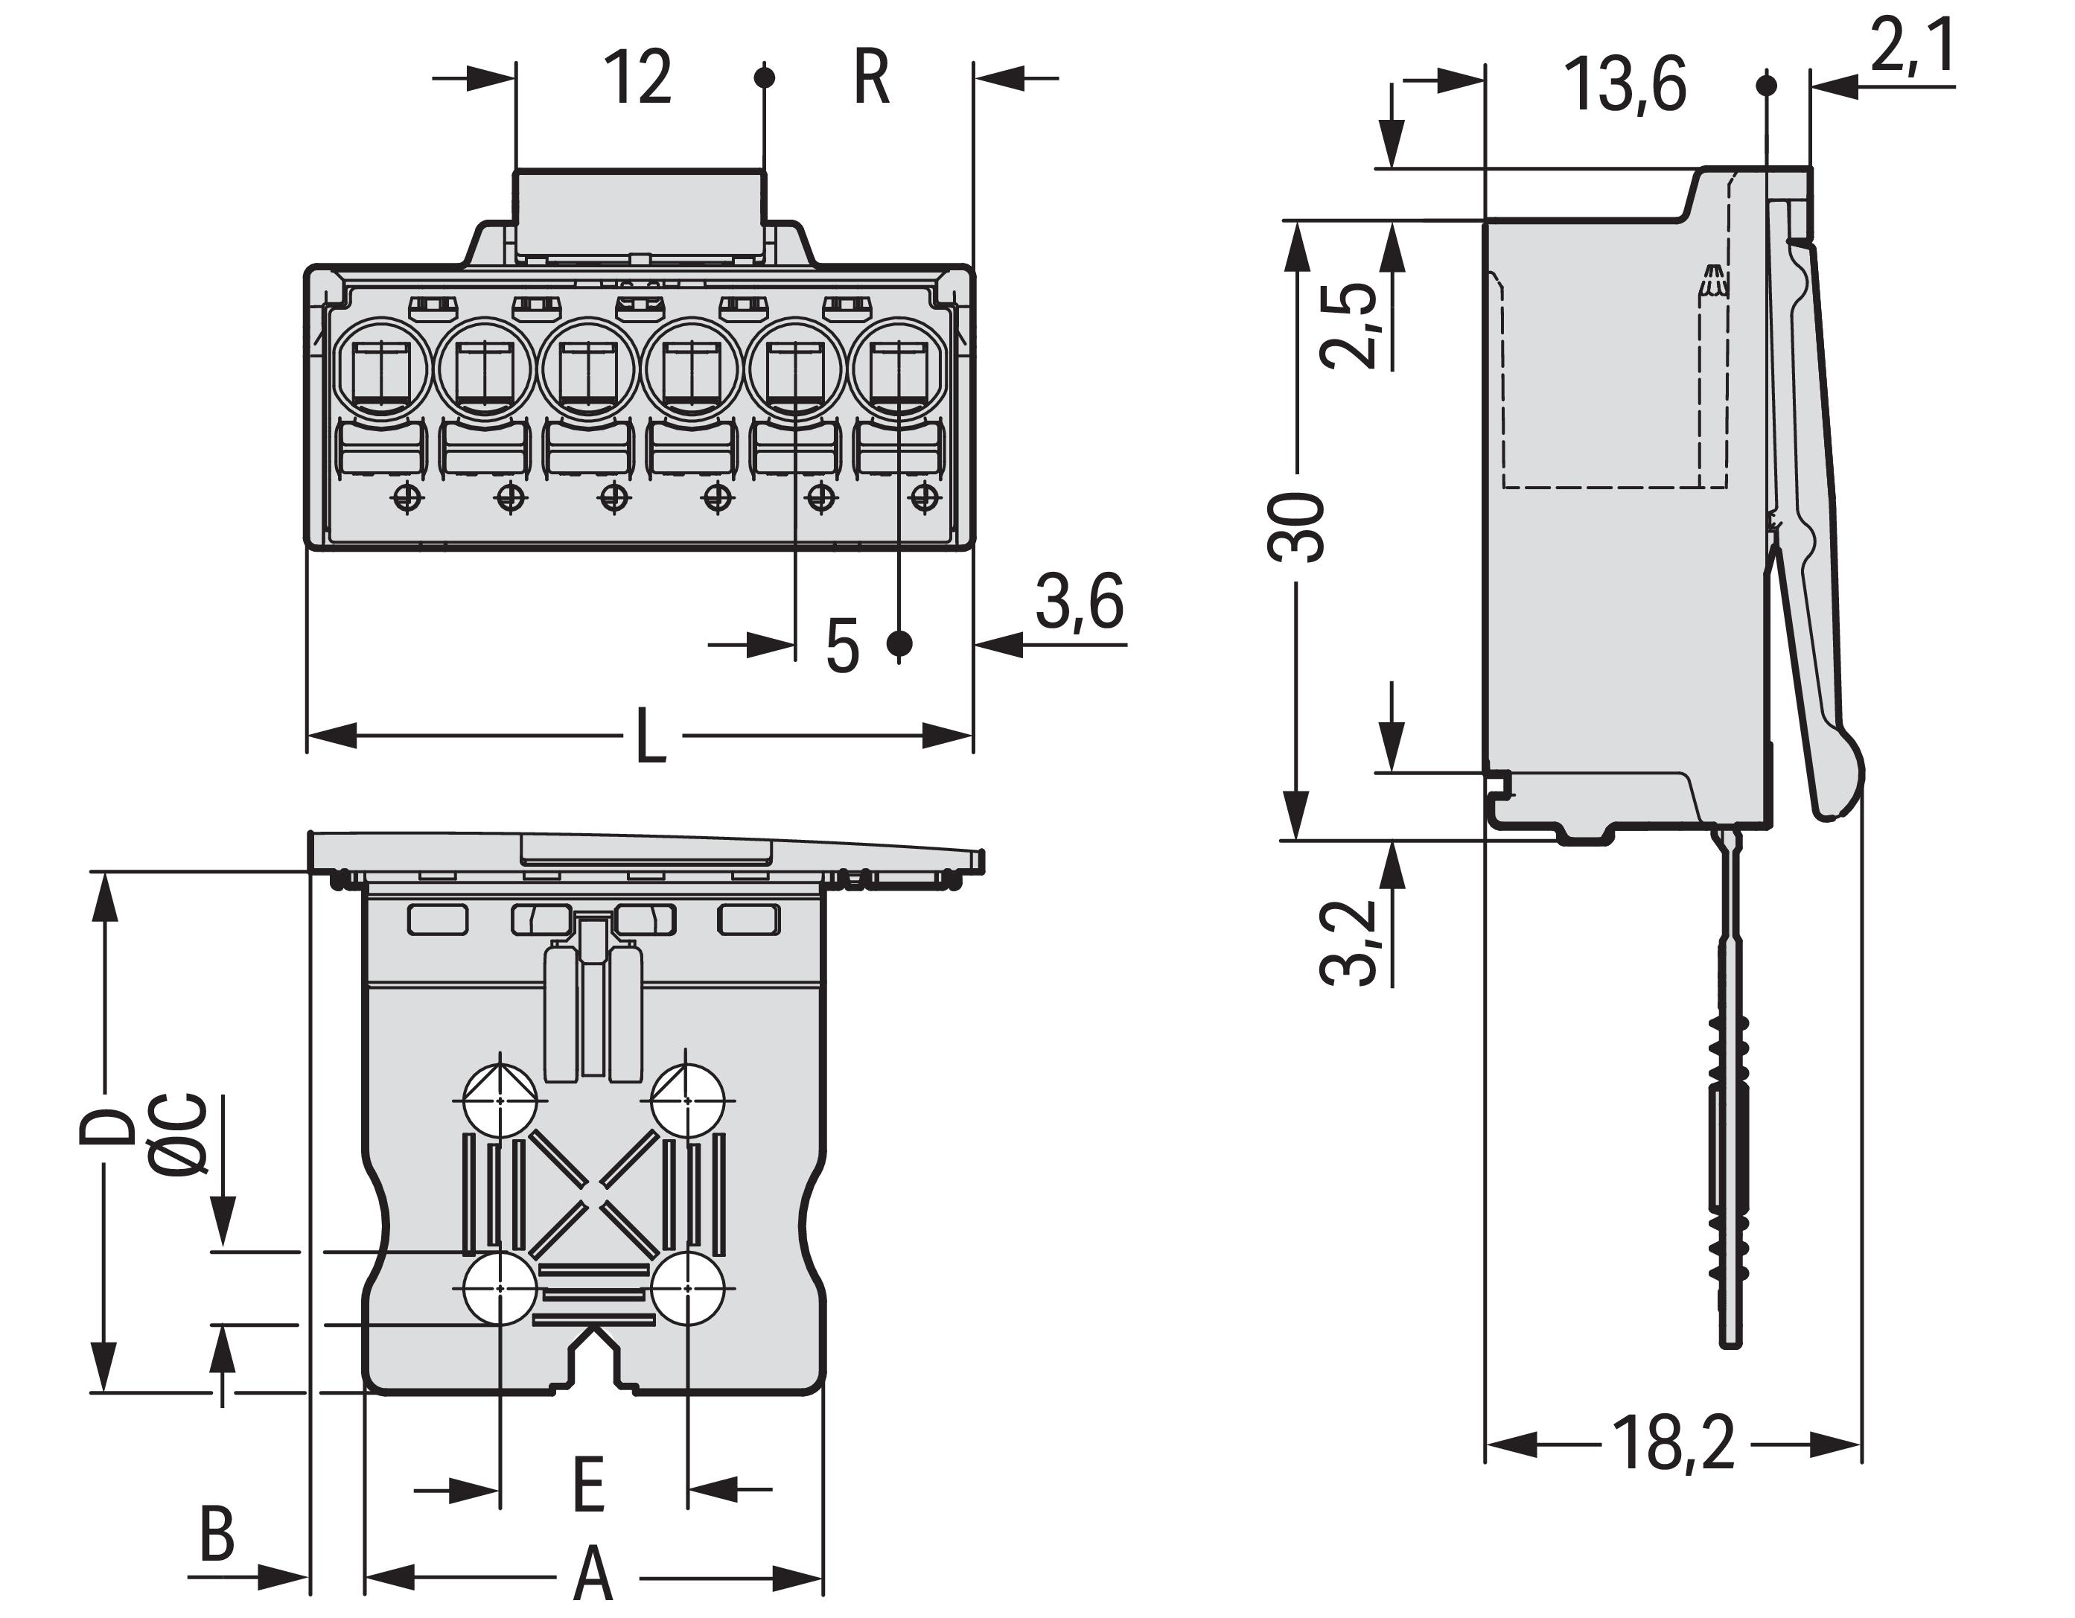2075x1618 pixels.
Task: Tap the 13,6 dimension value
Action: (x=1624, y=86)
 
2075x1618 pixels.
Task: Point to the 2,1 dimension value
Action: (x=1913, y=48)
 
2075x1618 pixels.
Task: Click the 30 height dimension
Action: (x=1297, y=527)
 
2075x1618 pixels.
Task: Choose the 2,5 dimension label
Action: (x=1350, y=325)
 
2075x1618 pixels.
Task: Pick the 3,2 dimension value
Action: (x=1350, y=940)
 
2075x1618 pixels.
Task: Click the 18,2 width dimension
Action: (x=1673, y=1444)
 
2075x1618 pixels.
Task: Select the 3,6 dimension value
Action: (x=1080, y=600)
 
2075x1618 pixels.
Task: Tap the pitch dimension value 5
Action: (x=842, y=647)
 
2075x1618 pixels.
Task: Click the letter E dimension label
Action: (x=589, y=1485)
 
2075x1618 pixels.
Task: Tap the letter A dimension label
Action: (x=594, y=1574)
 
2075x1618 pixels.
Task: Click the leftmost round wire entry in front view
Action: (x=382, y=369)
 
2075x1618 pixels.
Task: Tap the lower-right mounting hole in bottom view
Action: (x=688, y=1288)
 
